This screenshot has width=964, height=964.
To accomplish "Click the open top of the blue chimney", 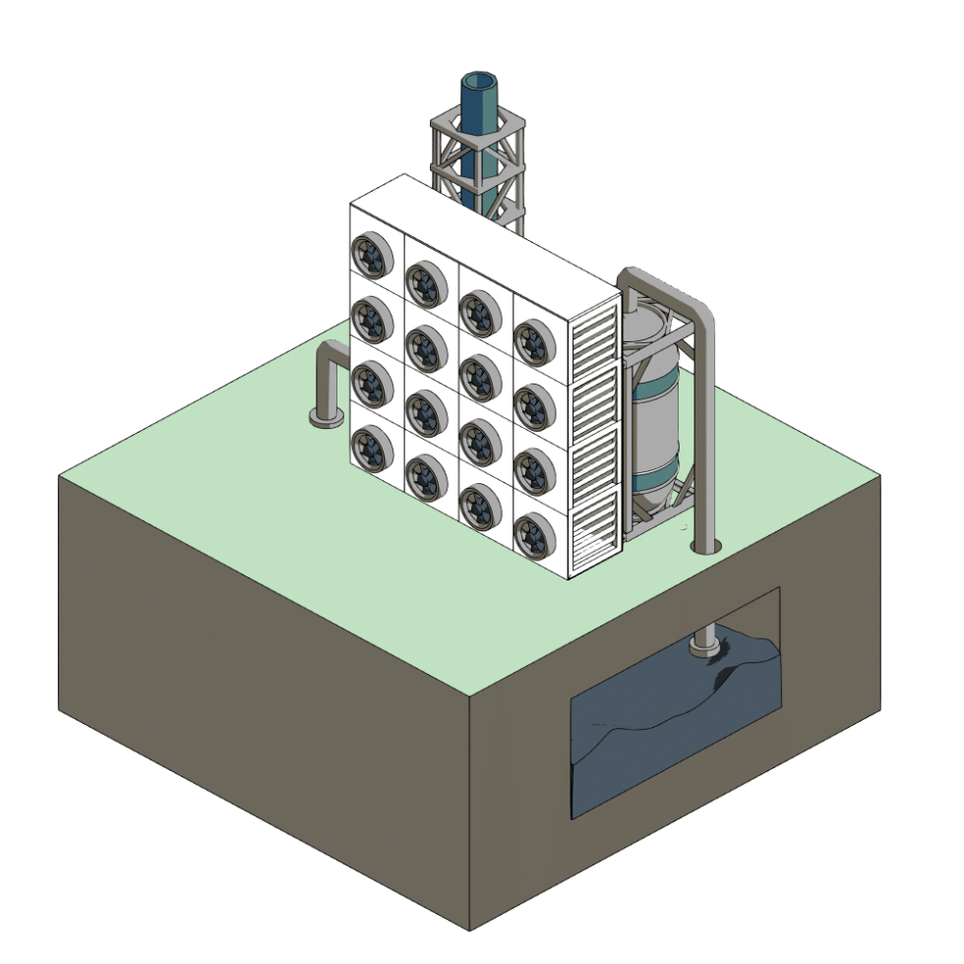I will coord(480,81).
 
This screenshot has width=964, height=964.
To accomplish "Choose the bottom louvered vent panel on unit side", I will coord(593,536).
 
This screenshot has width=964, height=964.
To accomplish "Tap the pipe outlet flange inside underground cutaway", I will coord(704,647).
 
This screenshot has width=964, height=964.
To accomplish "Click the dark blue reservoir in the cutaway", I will coord(669,748).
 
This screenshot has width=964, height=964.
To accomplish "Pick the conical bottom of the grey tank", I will coord(651,502).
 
